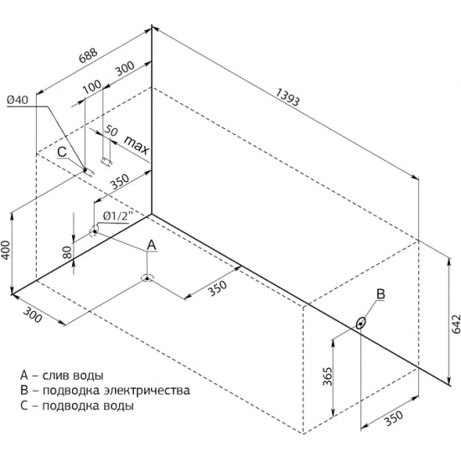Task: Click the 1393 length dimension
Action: pyautogui.click(x=287, y=96)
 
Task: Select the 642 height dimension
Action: pyautogui.click(x=455, y=324)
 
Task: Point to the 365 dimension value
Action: pyautogui.click(x=327, y=376)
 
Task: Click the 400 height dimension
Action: pyautogui.click(x=6, y=251)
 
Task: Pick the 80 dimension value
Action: pyautogui.click(x=68, y=252)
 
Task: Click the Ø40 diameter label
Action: pyautogui.click(x=18, y=101)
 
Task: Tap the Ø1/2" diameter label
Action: pyautogui.click(x=117, y=217)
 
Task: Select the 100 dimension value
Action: pyautogui.click(x=91, y=87)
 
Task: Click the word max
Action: pyautogui.click(x=137, y=145)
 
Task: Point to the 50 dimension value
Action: pyautogui.click(x=111, y=131)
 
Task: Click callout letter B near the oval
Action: pyautogui.click(x=381, y=293)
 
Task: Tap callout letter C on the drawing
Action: pyautogui.click(x=62, y=152)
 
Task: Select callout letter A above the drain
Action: pyautogui.click(x=151, y=245)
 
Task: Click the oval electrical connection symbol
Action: pyautogui.click(x=360, y=324)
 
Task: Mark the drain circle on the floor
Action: pyautogui.click(x=147, y=278)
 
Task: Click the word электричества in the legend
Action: pyautogui.click(x=145, y=391)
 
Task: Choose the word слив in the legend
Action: pyautogui.click(x=55, y=376)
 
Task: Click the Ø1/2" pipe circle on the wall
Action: pyautogui.click(x=94, y=231)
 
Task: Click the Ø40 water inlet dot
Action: pyautogui.click(x=85, y=169)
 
